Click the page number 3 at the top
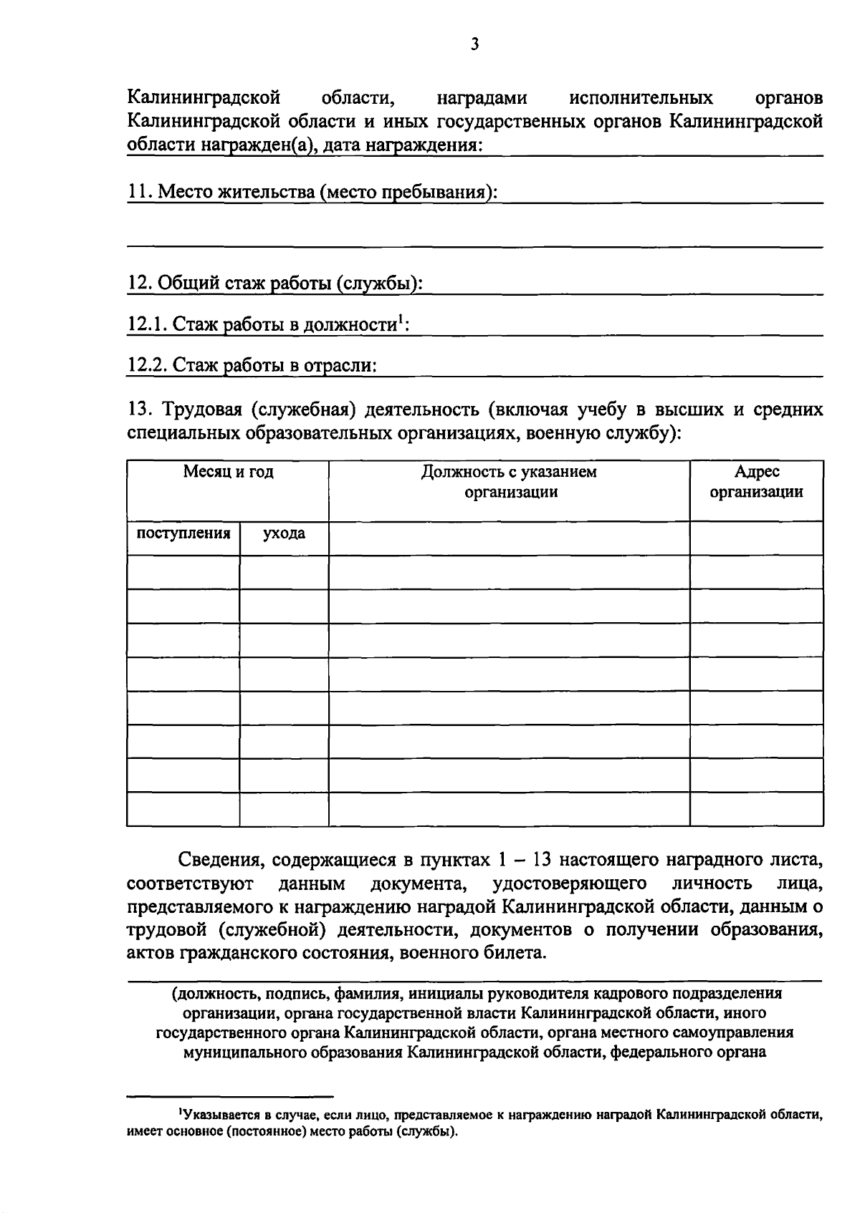tap(474, 44)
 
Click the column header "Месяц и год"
tap(228, 472)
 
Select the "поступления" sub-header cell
tap(183, 533)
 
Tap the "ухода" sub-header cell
tap(284, 533)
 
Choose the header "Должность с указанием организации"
tap(509, 482)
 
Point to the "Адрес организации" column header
tap(756, 482)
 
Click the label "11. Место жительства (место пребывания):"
tap(312, 192)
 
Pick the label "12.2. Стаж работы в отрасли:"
tap(252, 365)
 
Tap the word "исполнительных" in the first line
tap(641, 97)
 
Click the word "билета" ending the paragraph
tap(518, 953)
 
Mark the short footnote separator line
tap(230, 1095)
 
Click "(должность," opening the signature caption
tap(212, 993)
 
